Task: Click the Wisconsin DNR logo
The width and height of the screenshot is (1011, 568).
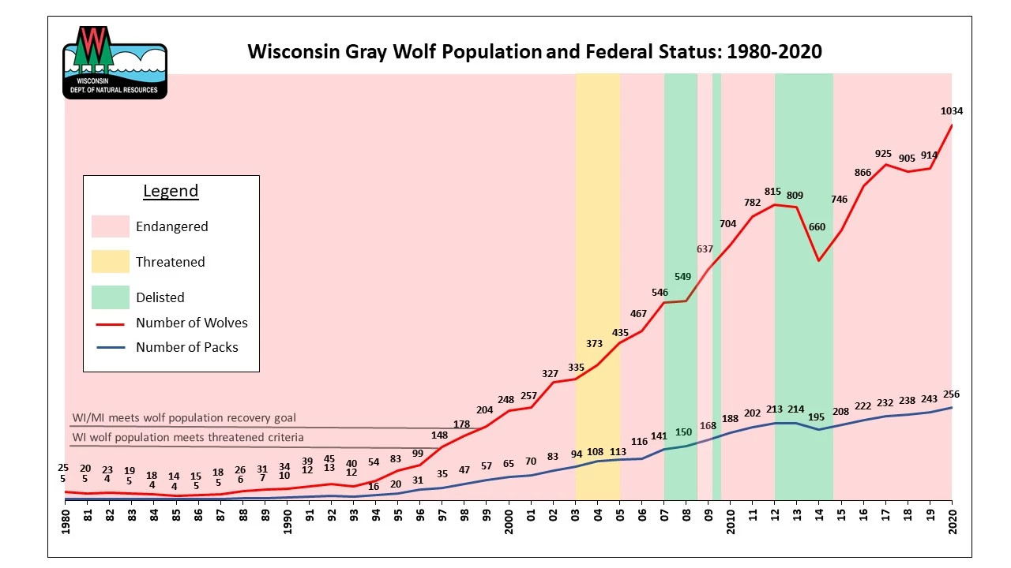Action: (115, 62)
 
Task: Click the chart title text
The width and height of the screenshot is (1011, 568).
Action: (535, 52)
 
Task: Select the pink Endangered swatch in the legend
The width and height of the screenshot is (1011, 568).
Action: (110, 226)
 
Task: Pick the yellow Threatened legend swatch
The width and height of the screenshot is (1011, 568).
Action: (110, 262)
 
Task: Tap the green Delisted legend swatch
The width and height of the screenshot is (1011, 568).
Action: (110, 297)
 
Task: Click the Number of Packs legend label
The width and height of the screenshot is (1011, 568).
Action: (186, 347)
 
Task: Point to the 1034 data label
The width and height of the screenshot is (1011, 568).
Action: (951, 111)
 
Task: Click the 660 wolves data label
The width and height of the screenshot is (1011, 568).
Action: (817, 227)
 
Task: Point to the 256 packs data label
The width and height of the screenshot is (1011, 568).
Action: (951, 394)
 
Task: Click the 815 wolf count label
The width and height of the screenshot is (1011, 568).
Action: (772, 191)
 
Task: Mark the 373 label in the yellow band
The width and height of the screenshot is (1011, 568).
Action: (594, 344)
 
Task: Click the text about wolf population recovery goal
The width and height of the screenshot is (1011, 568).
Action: (184, 418)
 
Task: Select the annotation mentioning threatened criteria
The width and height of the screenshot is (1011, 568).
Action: (188, 437)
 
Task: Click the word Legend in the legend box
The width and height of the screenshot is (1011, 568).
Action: (171, 191)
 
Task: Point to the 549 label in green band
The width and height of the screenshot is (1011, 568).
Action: (683, 277)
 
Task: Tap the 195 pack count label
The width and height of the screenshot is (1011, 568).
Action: (817, 417)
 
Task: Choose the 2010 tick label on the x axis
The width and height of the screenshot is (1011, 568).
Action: (730, 520)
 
